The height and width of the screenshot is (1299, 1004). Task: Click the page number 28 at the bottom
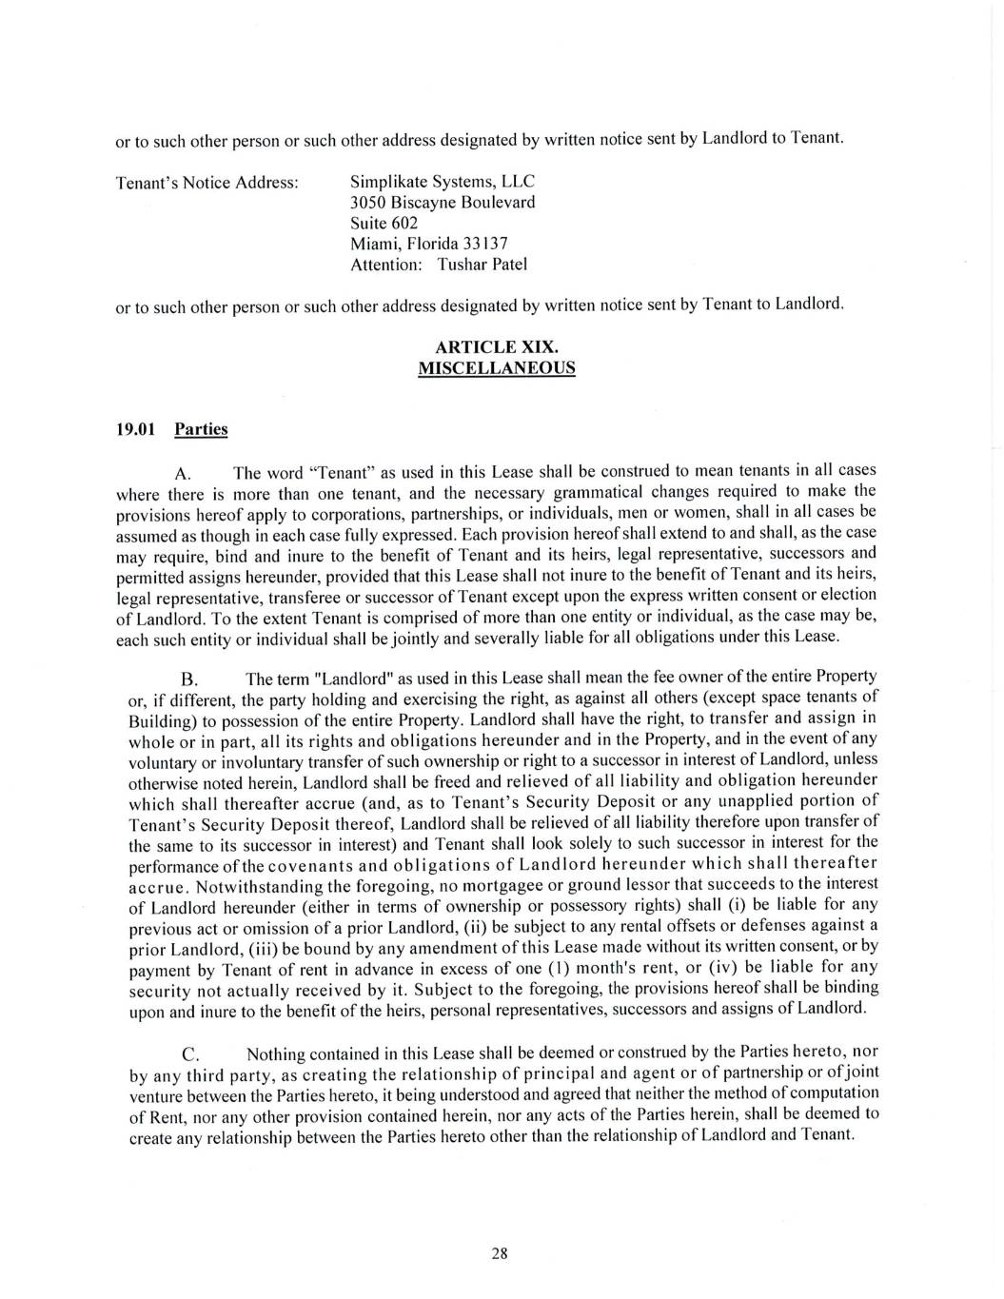tap(500, 1253)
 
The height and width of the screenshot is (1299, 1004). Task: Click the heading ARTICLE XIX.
tap(496, 347)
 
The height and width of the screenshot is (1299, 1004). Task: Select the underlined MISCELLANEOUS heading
tap(496, 368)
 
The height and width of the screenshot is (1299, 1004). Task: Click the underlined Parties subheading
tap(201, 429)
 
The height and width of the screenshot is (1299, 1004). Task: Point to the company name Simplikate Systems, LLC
tap(443, 181)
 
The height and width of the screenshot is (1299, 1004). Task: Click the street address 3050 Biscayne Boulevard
tap(443, 202)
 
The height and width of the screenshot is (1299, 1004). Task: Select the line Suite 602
tap(384, 223)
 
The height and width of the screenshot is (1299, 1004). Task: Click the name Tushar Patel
tap(482, 265)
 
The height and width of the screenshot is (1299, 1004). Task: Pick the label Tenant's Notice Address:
tap(207, 182)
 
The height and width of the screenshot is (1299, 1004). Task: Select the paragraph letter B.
tap(188, 679)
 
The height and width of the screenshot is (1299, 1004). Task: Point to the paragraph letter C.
tap(189, 1054)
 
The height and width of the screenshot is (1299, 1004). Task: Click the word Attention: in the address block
tap(385, 265)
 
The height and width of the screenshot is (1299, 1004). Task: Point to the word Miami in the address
tap(374, 244)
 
